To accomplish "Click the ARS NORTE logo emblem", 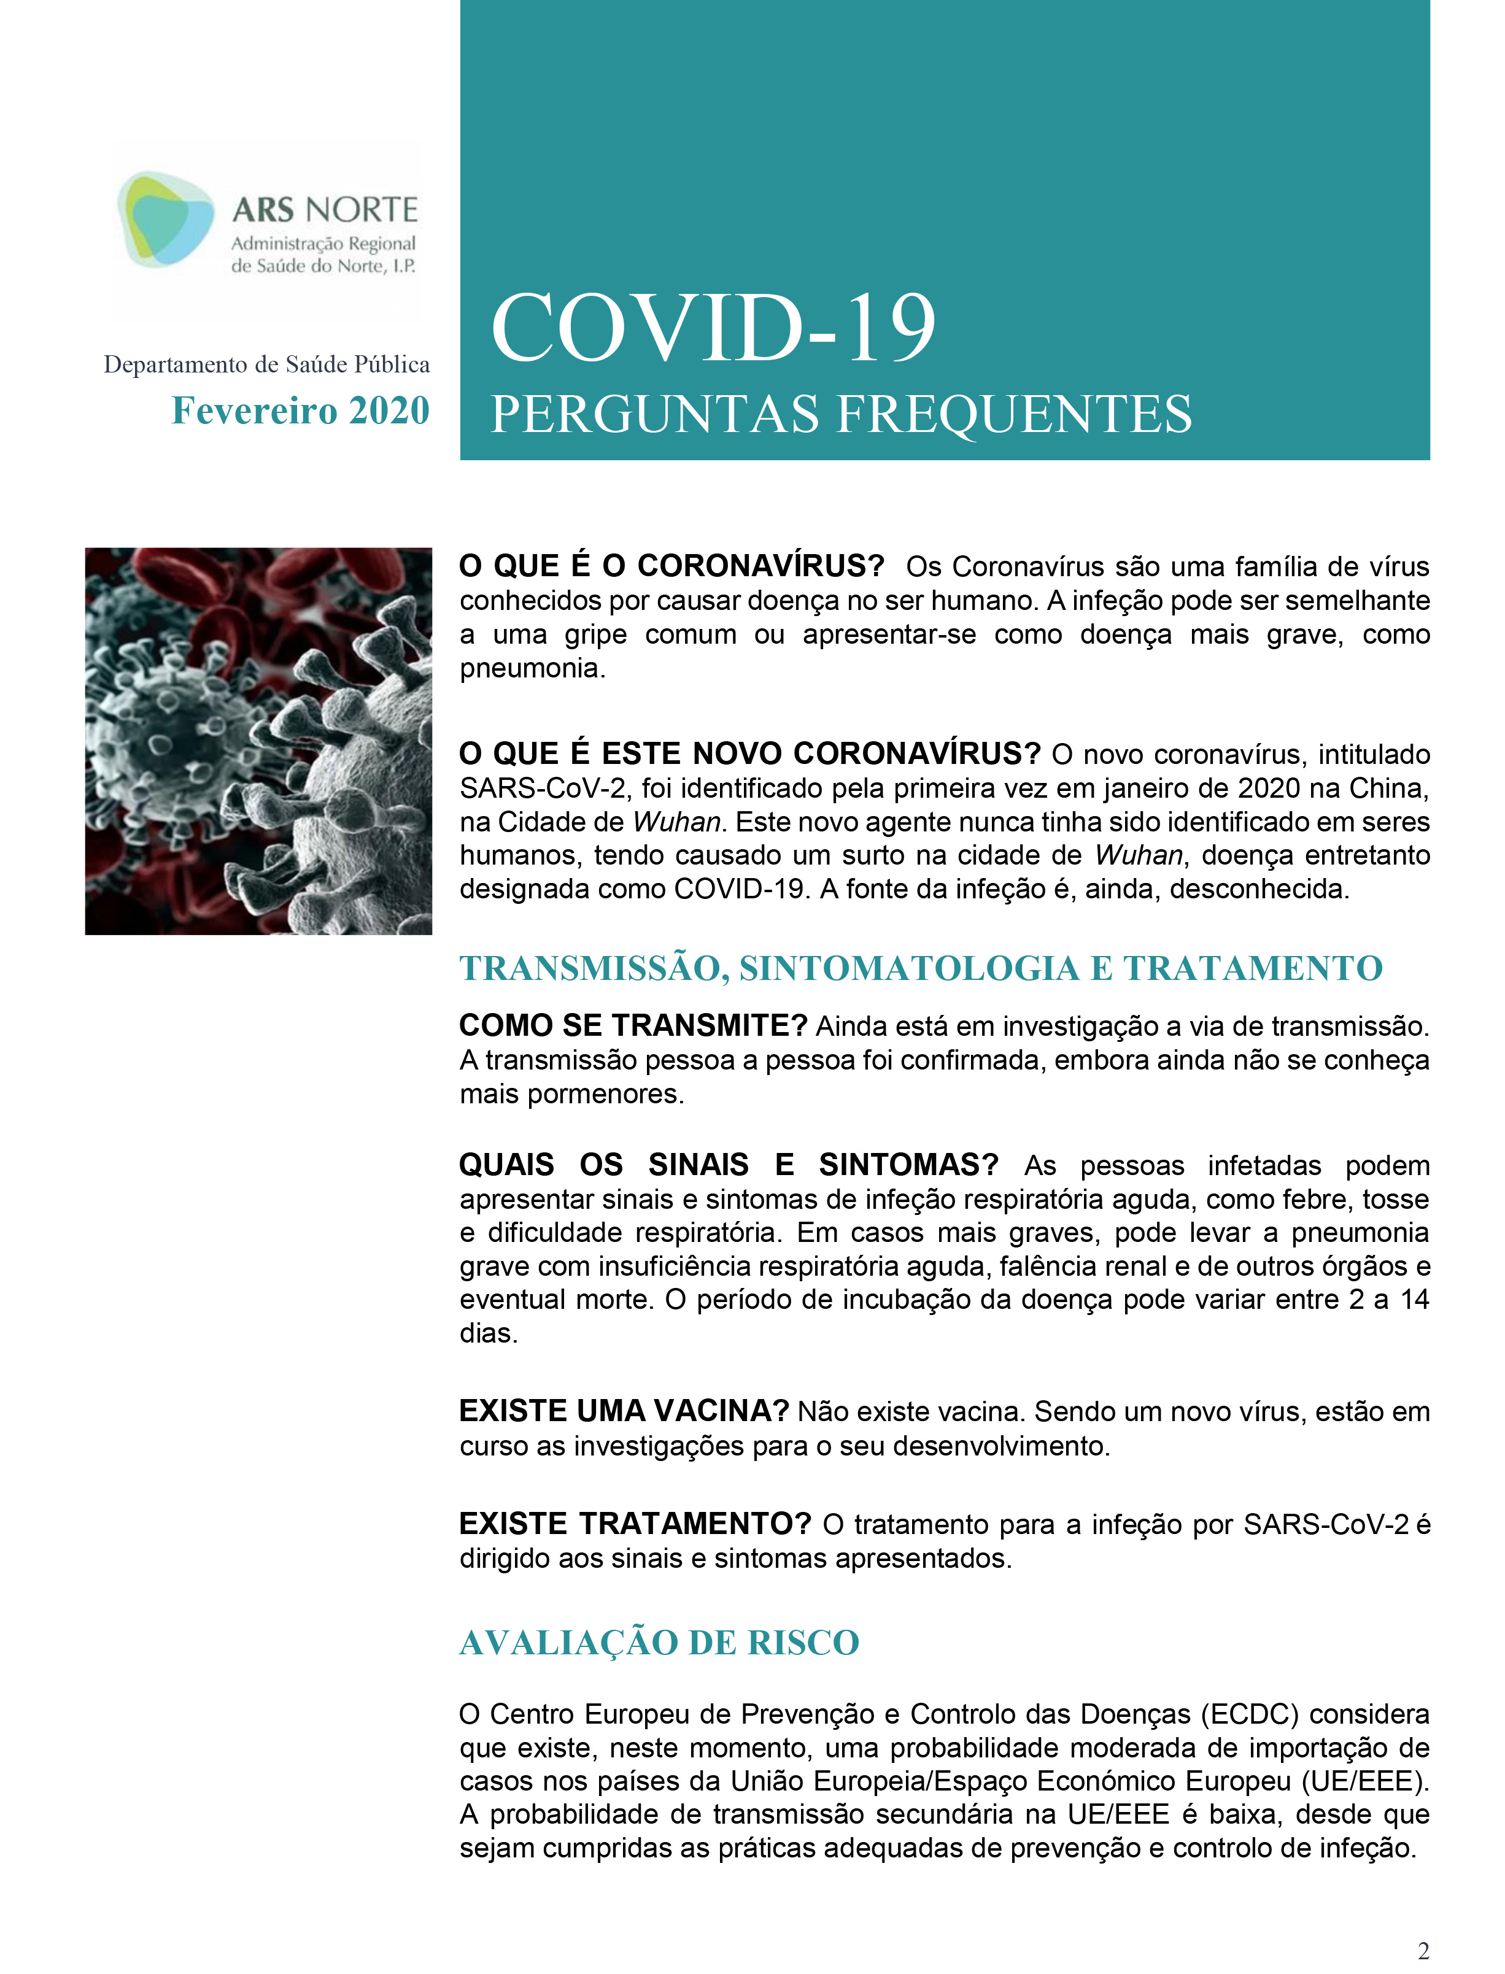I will tap(166, 218).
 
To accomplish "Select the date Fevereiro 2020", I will tap(300, 411).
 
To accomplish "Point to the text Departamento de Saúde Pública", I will tap(266, 364).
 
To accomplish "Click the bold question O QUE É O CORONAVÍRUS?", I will tap(671, 566).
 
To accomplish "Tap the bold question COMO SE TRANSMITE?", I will tap(632, 1025).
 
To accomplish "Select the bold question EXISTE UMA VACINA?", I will tap(624, 1411).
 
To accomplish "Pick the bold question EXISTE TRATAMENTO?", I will tap(634, 1524).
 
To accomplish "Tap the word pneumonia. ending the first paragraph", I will tap(532, 668).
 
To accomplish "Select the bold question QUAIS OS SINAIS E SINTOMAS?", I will tap(729, 1165).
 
